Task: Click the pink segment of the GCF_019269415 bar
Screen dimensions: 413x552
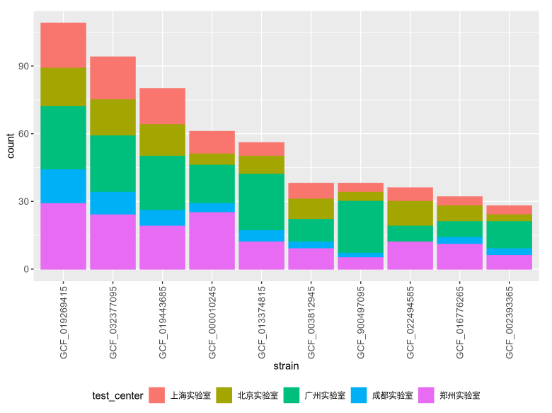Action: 63,236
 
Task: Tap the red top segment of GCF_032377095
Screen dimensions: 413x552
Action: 113,78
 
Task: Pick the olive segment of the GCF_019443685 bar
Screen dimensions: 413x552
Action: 162,140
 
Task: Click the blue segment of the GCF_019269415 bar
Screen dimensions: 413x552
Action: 63,186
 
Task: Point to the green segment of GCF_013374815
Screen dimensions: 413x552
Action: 261,202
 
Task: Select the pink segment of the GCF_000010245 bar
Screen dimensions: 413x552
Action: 212,240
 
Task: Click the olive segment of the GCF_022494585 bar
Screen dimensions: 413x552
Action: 410,213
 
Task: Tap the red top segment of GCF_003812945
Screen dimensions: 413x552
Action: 311,191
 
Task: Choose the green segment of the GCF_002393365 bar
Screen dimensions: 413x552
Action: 509,234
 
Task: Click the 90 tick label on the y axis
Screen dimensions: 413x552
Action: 25,67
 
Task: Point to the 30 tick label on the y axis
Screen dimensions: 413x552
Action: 25,202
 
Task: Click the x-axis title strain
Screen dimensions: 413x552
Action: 286,366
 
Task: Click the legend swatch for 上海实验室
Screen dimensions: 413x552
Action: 157,395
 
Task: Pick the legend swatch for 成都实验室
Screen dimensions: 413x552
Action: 359,395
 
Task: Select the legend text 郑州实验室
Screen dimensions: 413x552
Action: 461,395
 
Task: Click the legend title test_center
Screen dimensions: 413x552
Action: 117,395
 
